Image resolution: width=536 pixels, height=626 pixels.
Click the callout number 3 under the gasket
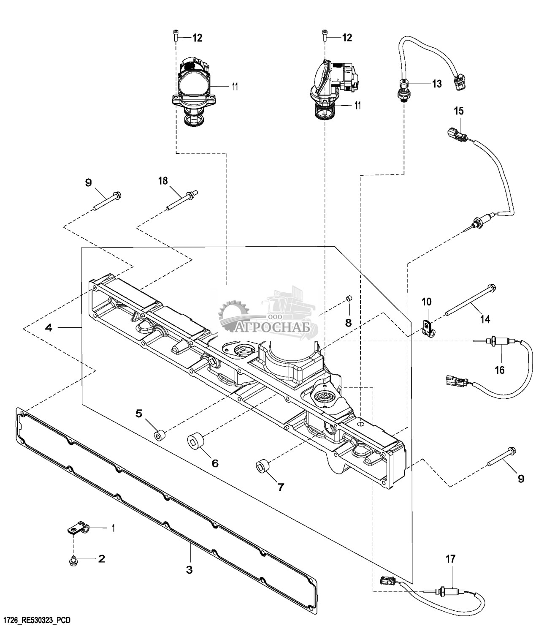coord(189,569)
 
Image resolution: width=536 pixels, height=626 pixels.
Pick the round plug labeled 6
coord(196,442)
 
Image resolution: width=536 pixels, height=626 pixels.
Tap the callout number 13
coord(436,84)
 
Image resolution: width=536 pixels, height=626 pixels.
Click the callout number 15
coord(459,111)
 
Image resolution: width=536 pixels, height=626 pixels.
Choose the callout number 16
coord(499,370)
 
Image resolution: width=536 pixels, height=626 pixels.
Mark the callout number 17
coord(450,559)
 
